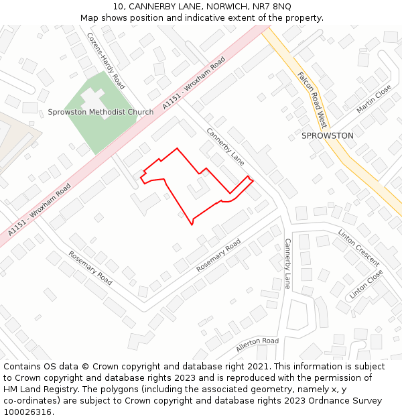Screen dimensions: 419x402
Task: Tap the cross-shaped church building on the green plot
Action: pyautogui.click(x=93, y=99)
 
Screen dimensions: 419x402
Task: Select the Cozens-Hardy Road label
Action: pyautogui.click(x=106, y=61)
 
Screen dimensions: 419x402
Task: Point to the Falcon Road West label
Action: pyautogui.click(x=312, y=100)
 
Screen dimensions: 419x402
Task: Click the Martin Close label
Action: pyautogui.click(x=374, y=99)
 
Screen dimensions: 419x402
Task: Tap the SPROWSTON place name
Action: pyautogui.click(x=327, y=135)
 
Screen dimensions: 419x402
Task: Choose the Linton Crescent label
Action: pyautogui.click(x=358, y=247)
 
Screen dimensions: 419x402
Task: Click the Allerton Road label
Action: pyautogui.click(x=257, y=345)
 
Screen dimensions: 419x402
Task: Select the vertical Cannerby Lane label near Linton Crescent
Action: pyautogui.click(x=287, y=263)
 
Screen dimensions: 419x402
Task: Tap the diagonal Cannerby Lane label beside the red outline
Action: pyautogui.click(x=225, y=147)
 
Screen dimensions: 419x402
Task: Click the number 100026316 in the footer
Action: pyautogui.click(x=28, y=412)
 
